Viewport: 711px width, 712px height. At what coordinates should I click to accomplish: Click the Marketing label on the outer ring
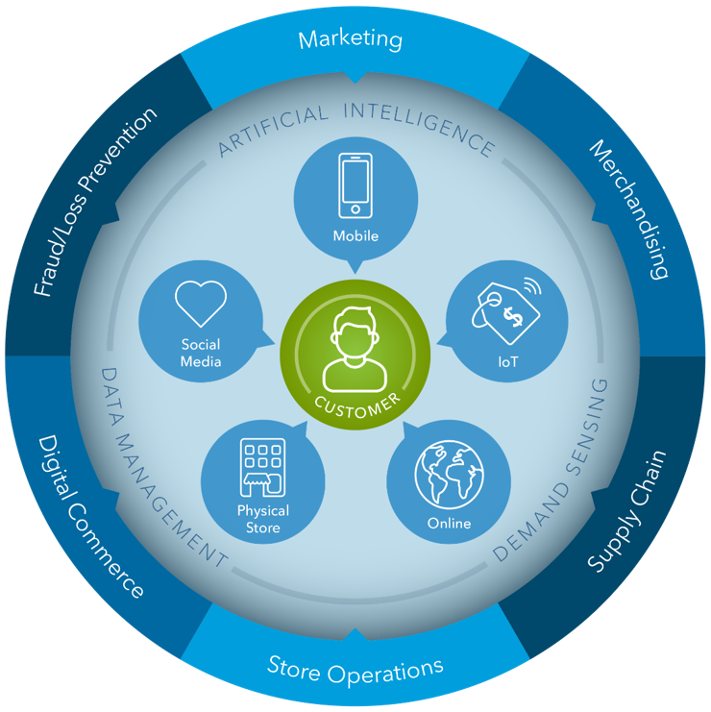pyautogui.click(x=350, y=39)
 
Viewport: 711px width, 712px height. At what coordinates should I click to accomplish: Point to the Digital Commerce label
pyautogui.click(x=90, y=515)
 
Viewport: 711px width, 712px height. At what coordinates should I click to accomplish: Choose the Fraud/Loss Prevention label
pyautogui.click(x=93, y=202)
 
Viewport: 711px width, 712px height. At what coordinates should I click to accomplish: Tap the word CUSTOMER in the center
pyautogui.click(x=355, y=405)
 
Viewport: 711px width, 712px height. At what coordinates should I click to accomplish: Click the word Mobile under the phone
pyautogui.click(x=355, y=235)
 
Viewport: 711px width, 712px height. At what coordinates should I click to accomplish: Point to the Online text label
pyautogui.click(x=449, y=524)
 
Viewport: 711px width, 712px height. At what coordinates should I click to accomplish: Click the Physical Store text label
pyautogui.click(x=263, y=518)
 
